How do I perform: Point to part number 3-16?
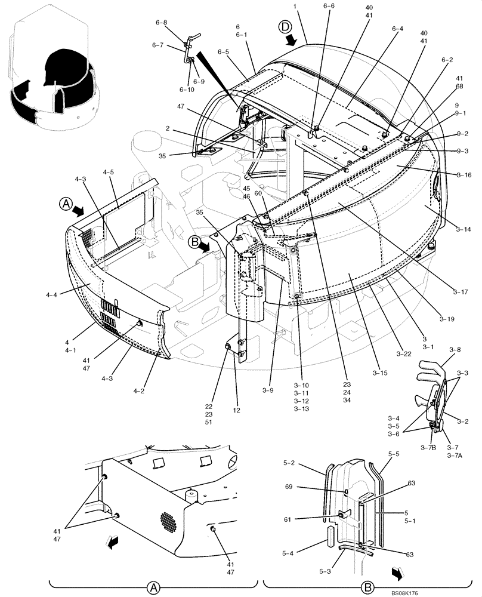pos(465,175)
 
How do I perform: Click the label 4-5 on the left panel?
pos(108,173)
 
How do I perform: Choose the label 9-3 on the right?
pos(463,151)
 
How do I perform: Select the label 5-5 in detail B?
pos(393,454)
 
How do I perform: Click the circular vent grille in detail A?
pos(168,523)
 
